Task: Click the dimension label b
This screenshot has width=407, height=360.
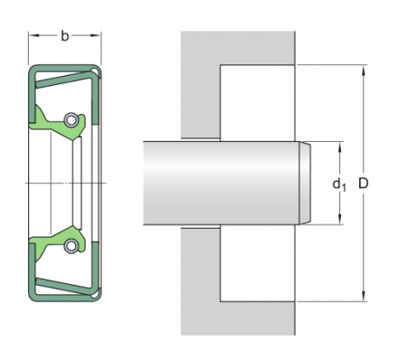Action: [65, 36]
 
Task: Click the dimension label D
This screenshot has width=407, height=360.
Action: [364, 183]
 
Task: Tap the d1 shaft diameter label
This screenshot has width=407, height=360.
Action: [339, 184]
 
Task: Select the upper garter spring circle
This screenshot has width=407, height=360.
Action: [71, 119]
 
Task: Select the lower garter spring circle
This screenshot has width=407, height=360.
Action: [71, 246]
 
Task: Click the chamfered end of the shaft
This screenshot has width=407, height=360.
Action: [305, 183]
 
